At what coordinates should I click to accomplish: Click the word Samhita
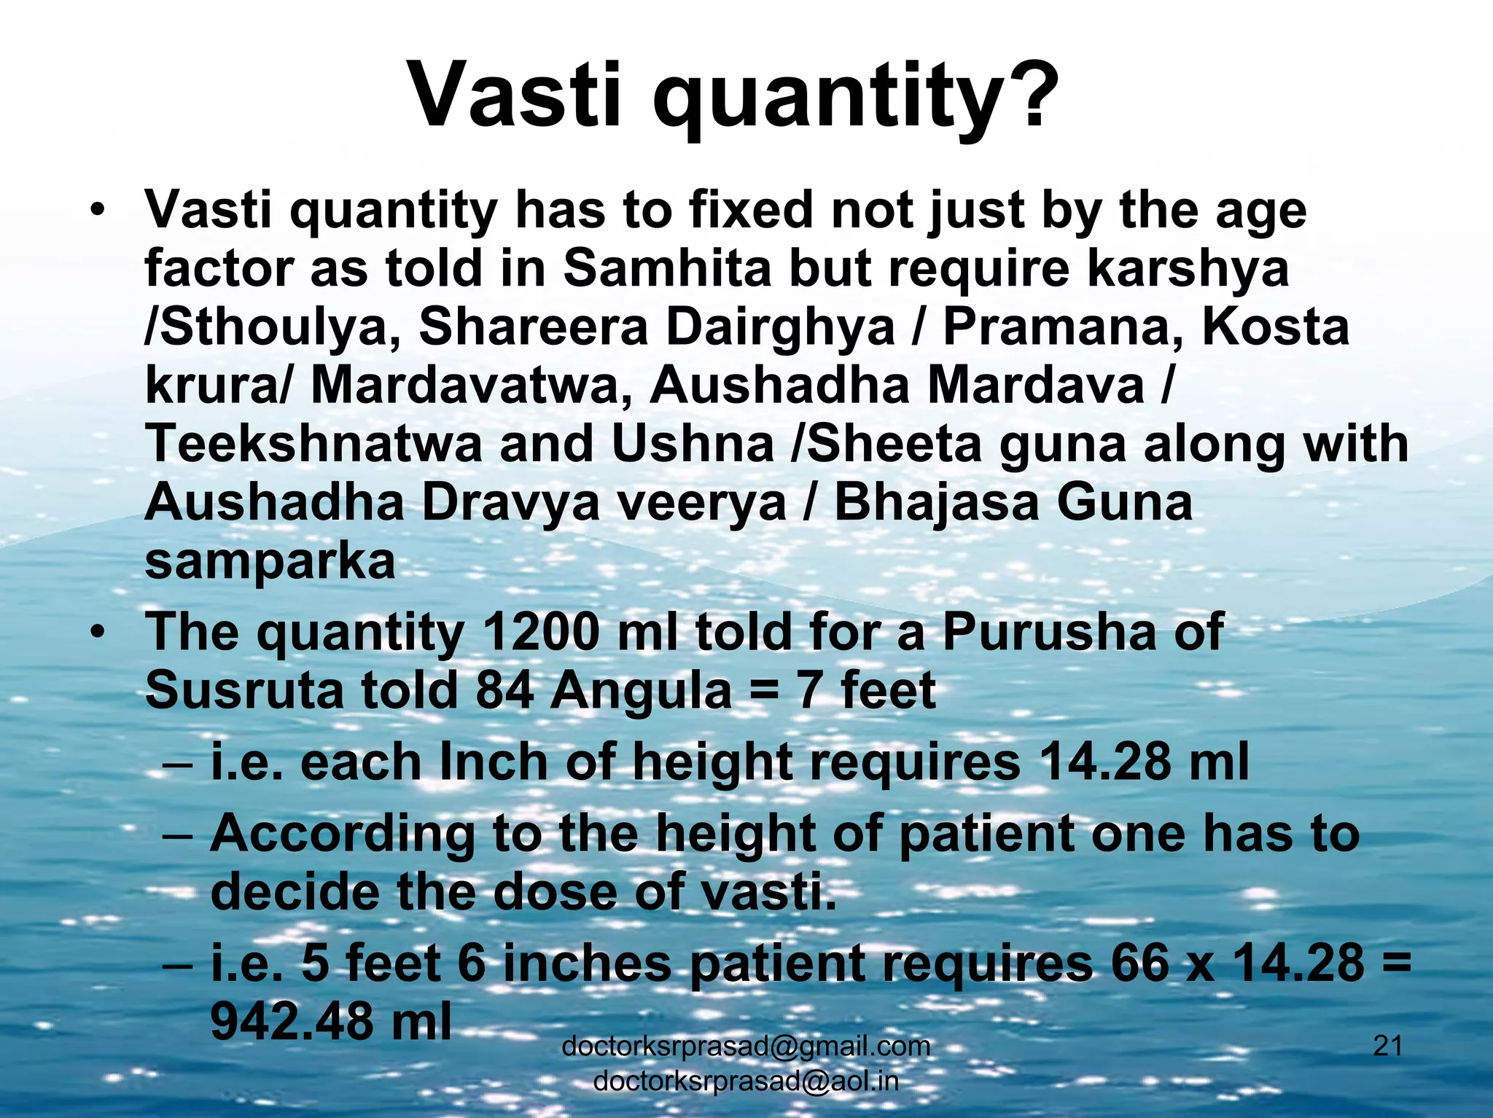pyautogui.click(x=667, y=267)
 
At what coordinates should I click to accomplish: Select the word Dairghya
pyautogui.click(x=781, y=327)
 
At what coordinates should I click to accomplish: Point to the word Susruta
pyautogui.click(x=244, y=689)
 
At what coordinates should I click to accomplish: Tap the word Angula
pyautogui.click(x=641, y=689)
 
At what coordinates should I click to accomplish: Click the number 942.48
pyautogui.click(x=292, y=1021)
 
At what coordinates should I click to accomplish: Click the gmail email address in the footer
pyautogui.click(x=746, y=1046)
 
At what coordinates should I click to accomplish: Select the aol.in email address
pyautogui.click(x=746, y=1081)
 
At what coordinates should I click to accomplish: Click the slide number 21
pyautogui.click(x=1387, y=1046)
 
